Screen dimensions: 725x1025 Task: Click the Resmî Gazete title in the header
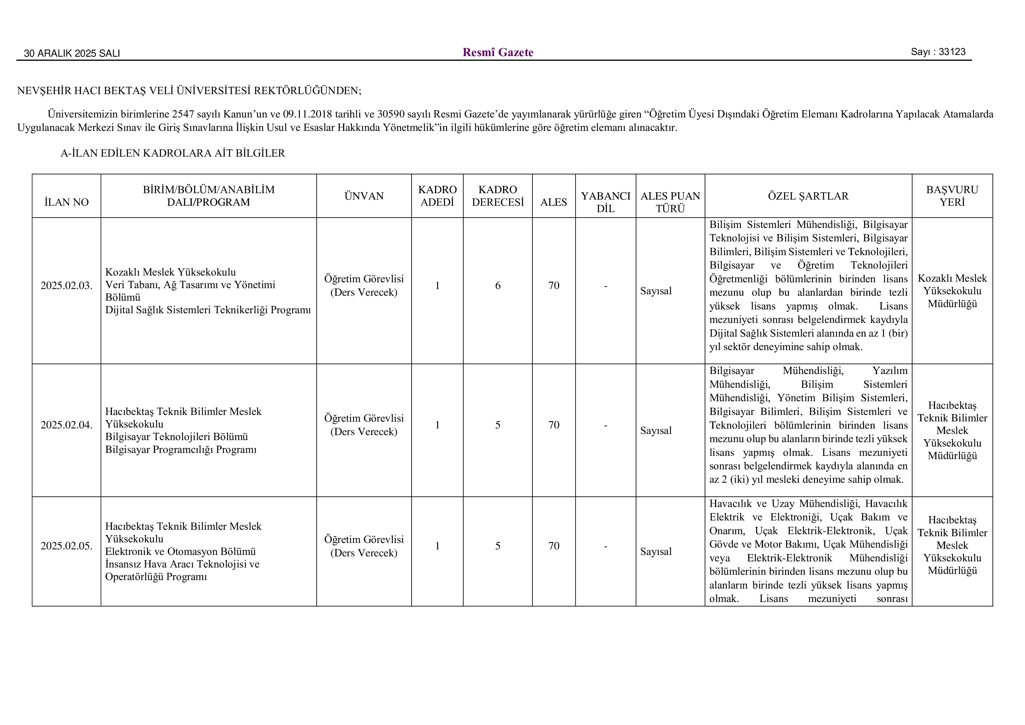tap(498, 53)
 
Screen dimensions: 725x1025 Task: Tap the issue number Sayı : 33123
tap(938, 52)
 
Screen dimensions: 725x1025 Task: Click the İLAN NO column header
tap(67, 202)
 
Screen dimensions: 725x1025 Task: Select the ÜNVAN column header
tap(364, 196)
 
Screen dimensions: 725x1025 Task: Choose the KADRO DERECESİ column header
tap(498, 196)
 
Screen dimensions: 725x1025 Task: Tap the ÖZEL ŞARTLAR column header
tap(808, 196)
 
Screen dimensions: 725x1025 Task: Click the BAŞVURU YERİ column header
tap(952, 196)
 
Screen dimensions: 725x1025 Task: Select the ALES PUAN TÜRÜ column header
tap(670, 202)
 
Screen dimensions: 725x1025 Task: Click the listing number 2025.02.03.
tap(67, 286)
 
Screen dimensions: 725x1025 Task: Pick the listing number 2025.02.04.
tap(67, 425)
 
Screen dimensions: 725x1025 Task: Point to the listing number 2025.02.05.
tap(67, 546)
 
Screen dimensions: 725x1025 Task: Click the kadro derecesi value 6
tap(498, 286)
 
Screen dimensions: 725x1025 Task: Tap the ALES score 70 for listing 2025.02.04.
tap(554, 425)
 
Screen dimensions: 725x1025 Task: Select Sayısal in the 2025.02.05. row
tap(656, 552)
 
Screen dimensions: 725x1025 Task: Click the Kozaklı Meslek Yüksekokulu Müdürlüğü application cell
tap(952, 291)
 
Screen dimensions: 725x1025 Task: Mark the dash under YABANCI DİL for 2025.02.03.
tap(605, 286)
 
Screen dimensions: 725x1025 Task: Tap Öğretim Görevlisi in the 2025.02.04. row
tap(364, 418)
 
